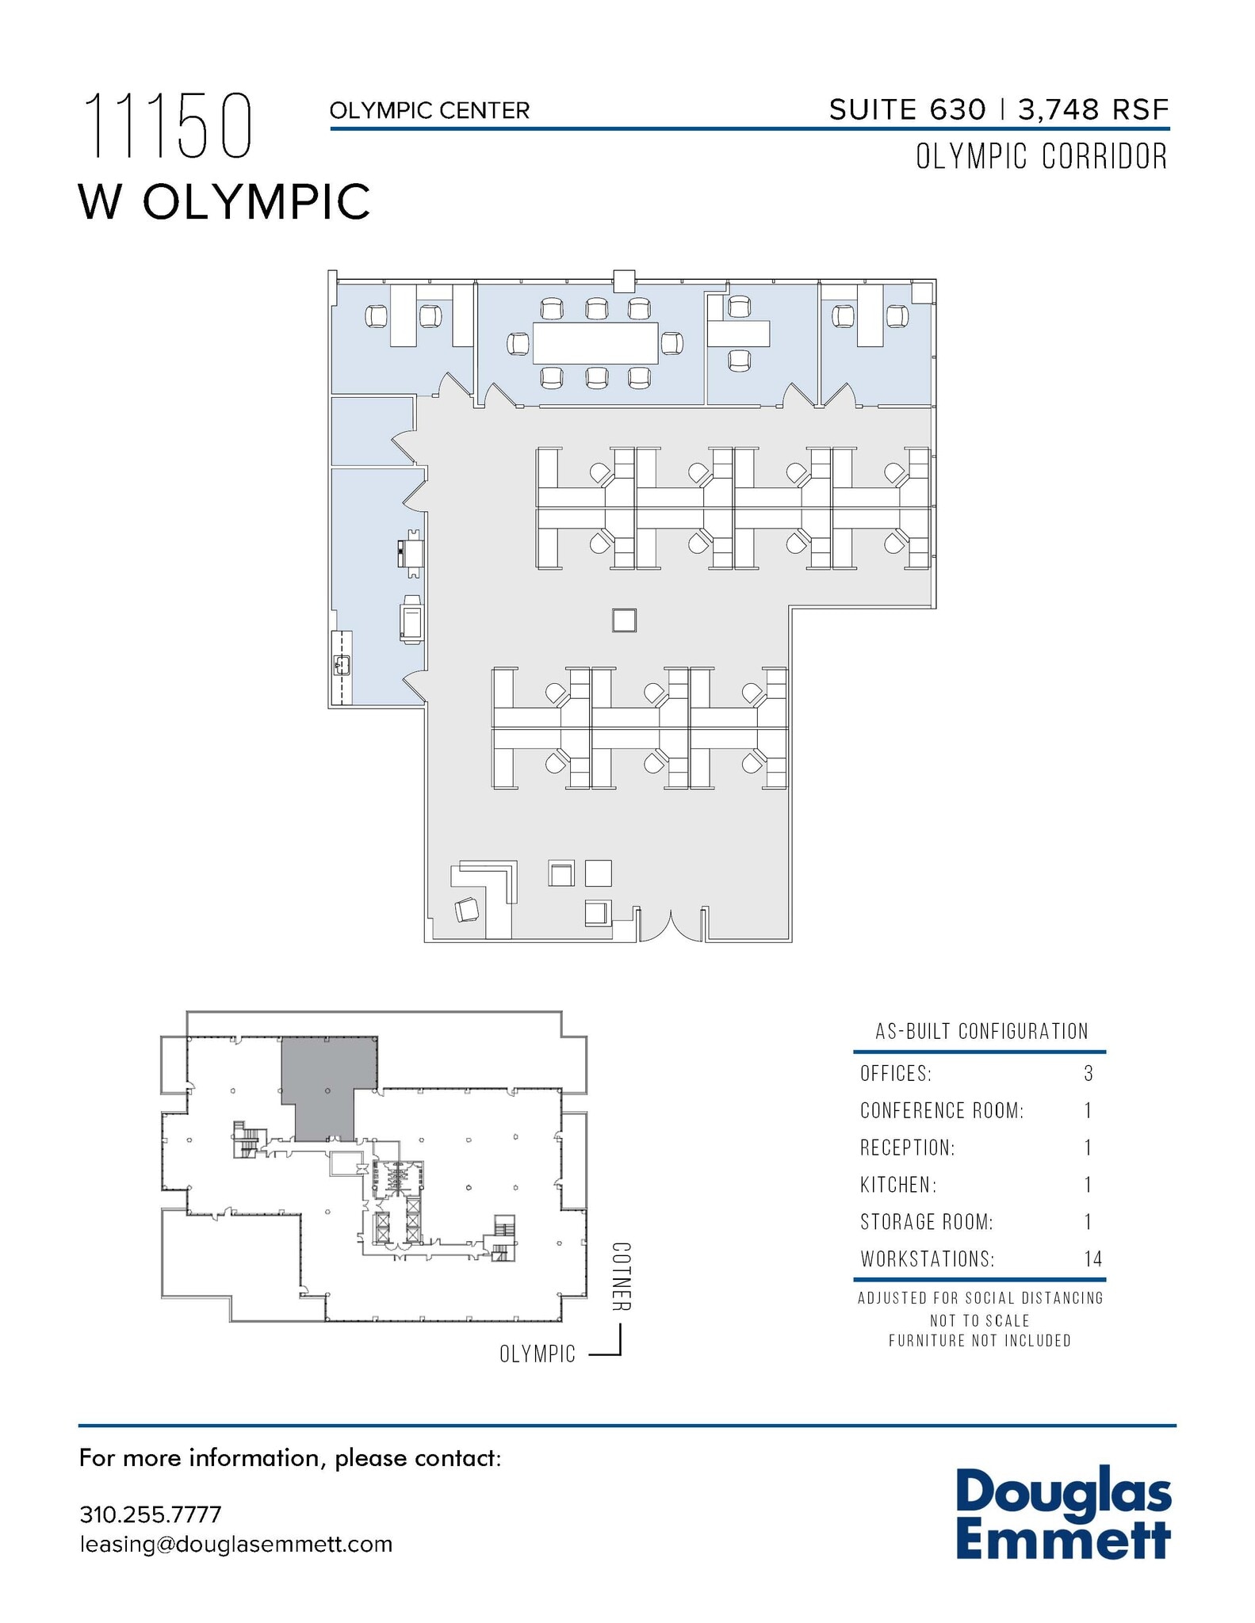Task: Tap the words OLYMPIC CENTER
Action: coord(429,111)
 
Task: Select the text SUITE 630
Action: coord(907,110)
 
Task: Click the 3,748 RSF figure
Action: coord(1093,110)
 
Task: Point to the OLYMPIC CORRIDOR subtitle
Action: coord(1041,157)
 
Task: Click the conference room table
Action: coord(595,343)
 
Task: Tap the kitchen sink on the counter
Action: coord(343,664)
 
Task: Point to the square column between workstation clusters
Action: coord(624,620)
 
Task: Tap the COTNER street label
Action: coord(621,1276)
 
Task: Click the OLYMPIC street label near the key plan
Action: coord(537,1354)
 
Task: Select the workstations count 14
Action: coord(1092,1258)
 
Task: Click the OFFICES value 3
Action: coord(1089,1074)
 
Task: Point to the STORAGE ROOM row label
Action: coord(926,1222)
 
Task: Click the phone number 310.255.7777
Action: coord(150,1514)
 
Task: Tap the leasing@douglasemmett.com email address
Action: coord(235,1545)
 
